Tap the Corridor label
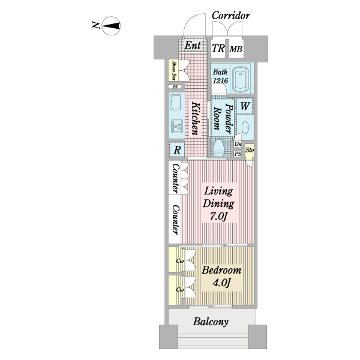point(230,16)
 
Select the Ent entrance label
point(192,46)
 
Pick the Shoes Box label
point(173,71)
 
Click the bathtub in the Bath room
point(242,77)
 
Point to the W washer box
point(245,106)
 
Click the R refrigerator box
point(178,150)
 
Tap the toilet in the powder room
point(219,148)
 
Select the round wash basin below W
point(247,127)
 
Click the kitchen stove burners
point(178,126)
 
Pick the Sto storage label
point(250,149)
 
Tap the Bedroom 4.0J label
point(221,275)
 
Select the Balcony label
point(211,322)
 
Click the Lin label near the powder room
point(238,145)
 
